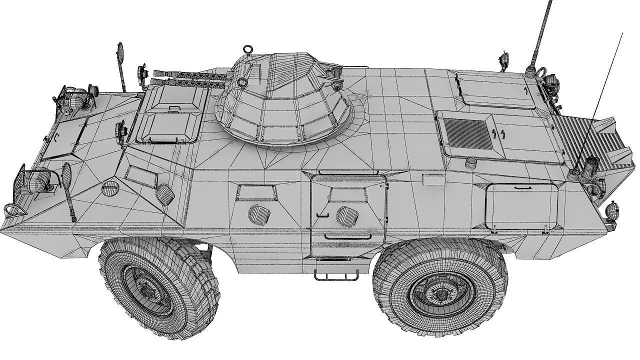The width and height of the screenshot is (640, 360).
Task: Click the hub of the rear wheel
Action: pyautogui.click(x=440, y=293)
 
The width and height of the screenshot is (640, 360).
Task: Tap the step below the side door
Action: pyautogui.click(x=336, y=274)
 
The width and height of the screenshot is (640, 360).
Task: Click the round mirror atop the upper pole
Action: pyautogui.click(x=120, y=51)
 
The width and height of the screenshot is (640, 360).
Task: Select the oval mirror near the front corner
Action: pyautogui.click(x=66, y=174)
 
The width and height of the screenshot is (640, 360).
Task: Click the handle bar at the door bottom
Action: pyautogui.click(x=347, y=236)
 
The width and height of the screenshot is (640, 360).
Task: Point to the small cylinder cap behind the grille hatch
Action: pyautogui.click(x=470, y=162)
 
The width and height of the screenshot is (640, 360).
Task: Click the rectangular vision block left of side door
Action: pyautogui.click(x=256, y=192)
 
